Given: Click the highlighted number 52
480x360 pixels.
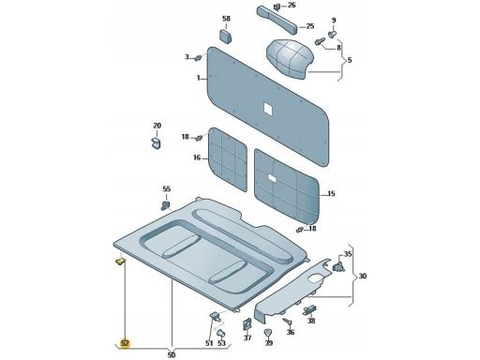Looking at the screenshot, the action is pyautogui.click(x=125, y=343).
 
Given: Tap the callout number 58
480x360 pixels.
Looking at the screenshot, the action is pyautogui.click(x=226, y=19).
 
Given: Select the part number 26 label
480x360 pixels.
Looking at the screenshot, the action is pyautogui.click(x=292, y=5).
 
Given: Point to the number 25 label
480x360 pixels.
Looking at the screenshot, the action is pyautogui.click(x=310, y=26).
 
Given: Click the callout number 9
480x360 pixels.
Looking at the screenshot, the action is pyautogui.click(x=334, y=21).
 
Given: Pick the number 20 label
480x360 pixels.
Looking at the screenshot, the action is pyautogui.click(x=157, y=126).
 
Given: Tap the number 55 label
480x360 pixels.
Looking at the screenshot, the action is pyautogui.click(x=167, y=189).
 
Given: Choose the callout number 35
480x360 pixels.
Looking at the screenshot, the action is pyautogui.click(x=348, y=254).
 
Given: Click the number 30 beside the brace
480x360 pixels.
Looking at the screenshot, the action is pyautogui.click(x=363, y=277).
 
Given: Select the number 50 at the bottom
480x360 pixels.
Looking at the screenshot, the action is pyautogui.click(x=172, y=355).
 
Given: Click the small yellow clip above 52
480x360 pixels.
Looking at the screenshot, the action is pyautogui.click(x=120, y=262).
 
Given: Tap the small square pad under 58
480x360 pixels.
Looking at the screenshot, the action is pyautogui.click(x=225, y=36).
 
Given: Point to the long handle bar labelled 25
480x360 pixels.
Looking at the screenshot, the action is pyautogui.click(x=277, y=20).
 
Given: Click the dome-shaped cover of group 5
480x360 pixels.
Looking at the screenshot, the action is pyautogui.click(x=290, y=59).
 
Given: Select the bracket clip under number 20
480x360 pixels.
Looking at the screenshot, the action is pyautogui.click(x=156, y=142).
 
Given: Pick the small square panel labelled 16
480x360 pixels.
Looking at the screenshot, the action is pyautogui.click(x=228, y=159).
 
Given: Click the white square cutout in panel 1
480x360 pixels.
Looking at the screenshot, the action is pyautogui.click(x=268, y=109).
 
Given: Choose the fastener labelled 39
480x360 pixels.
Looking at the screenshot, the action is pyautogui.click(x=268, y=333).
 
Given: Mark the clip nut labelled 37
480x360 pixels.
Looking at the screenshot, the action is pyautogui.click(x=247, y=323).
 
